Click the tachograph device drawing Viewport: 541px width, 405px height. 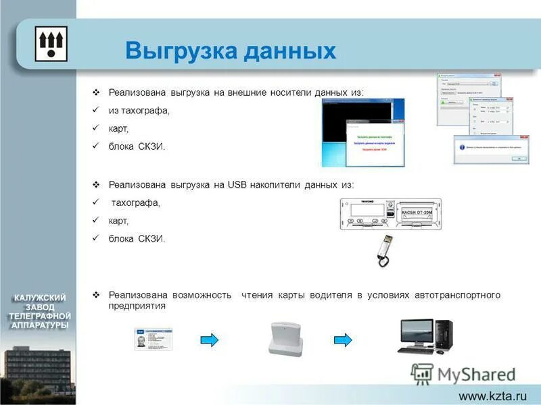click(x=390, y=213)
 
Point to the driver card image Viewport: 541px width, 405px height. click(x=153, y=339)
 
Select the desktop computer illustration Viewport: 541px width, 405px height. click(x=425, y=335)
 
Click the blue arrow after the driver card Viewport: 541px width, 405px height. click(x=210, y=340)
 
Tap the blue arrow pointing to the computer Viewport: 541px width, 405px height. click(x=344, y=340)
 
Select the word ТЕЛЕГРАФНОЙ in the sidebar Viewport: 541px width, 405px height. click(x=40, y=316)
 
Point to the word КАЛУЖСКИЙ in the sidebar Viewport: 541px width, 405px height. click(x=41, y=297)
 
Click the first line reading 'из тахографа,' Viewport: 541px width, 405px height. click(x=139, y=110)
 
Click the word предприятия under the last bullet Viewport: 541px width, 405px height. click(x=137, y=306)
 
